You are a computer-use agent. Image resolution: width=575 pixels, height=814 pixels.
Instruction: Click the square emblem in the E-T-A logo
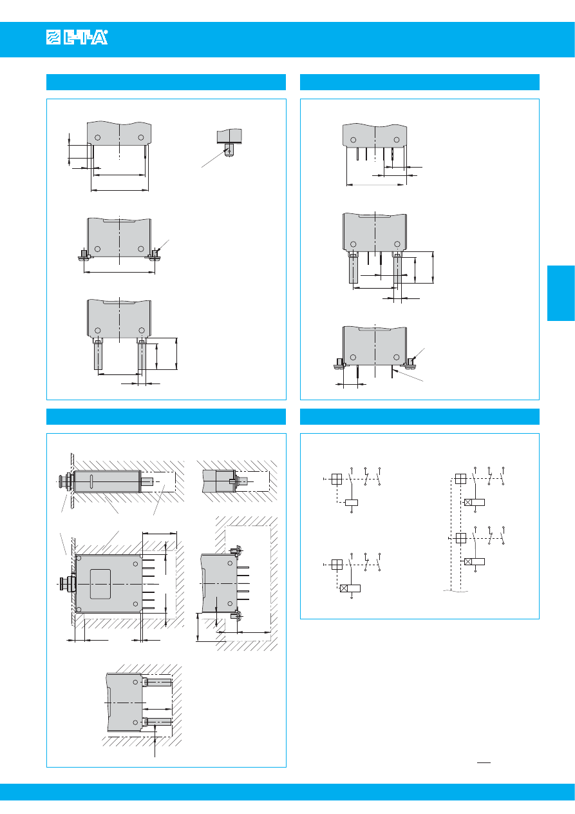(x=53, y=37)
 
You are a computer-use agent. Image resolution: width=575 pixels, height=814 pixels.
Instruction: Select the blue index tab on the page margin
(x=561, y=293)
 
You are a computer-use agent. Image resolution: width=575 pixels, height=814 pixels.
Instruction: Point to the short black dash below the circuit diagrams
(x=484, y=762)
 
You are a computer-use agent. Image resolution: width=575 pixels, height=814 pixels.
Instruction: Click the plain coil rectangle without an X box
(x=352, y=503)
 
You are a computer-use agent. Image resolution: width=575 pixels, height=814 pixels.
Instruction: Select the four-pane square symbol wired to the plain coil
(x=337, y=480)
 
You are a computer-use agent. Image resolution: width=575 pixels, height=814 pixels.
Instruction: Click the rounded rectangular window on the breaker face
(x=100, y=584)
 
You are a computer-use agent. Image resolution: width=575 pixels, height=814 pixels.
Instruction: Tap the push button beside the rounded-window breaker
(x=68, y=583)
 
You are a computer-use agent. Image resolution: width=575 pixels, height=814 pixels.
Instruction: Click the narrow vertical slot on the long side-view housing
(x=91, y=482)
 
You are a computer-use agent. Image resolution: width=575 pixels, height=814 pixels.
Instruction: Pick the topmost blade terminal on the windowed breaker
(x=149, y=560)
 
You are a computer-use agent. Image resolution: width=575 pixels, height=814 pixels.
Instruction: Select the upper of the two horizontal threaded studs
(x=157, y=683)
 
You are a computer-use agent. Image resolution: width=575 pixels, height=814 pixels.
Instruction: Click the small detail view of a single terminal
(x=229, y=142)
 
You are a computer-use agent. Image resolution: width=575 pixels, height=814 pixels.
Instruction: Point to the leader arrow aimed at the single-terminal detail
(x=215, y=157)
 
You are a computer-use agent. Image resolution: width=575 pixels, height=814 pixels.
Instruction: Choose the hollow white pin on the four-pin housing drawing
(x=357, y=154)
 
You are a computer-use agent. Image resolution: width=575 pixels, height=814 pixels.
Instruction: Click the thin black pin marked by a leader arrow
(x=392, y=372)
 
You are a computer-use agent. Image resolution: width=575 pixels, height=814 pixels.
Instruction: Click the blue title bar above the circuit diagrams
(x=420, y=416)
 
